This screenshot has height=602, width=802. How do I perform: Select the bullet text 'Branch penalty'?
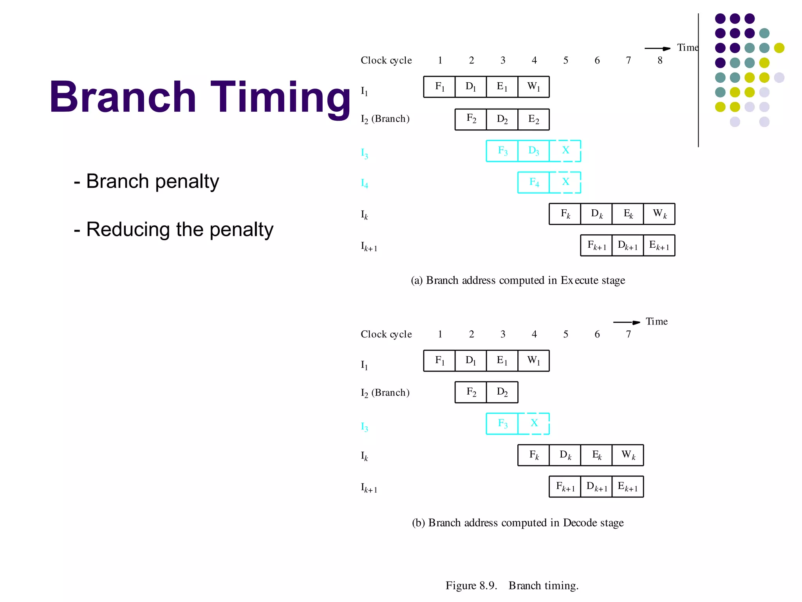(x=152, y=181)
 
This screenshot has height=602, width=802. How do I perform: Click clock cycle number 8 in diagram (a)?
(x=660, y=60)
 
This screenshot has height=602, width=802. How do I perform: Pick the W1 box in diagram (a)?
(x=533, y=87)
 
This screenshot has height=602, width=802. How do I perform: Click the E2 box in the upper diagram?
(x=533, y=119)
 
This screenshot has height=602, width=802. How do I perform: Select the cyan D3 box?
(x=533, y=151)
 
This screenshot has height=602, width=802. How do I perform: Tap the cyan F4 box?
(x=533, y=182)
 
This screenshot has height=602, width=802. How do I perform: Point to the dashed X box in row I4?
(x=565, y=182)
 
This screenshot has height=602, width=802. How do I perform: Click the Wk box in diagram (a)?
(x=659, y=214)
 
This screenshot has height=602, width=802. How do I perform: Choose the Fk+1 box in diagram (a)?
(x=596, y=245)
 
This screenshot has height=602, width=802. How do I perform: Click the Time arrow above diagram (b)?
(x=627, y=322)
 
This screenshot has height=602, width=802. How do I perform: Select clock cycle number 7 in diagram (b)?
(x=628, y=334)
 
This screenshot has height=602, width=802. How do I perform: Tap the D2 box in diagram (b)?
(x=502, y=392)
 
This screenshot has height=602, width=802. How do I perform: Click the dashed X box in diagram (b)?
(x=534, y=423)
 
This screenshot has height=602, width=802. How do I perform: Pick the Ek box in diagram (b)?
(x=596, y=455)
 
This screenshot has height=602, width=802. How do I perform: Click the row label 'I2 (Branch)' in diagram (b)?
(x=385, y=393)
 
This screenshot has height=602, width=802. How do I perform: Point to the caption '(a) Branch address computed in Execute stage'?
(x=518, y=281)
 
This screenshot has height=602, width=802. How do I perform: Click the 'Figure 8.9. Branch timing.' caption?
(x=512, y=586)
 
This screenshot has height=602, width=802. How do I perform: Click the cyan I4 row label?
(x=364, y=183)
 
